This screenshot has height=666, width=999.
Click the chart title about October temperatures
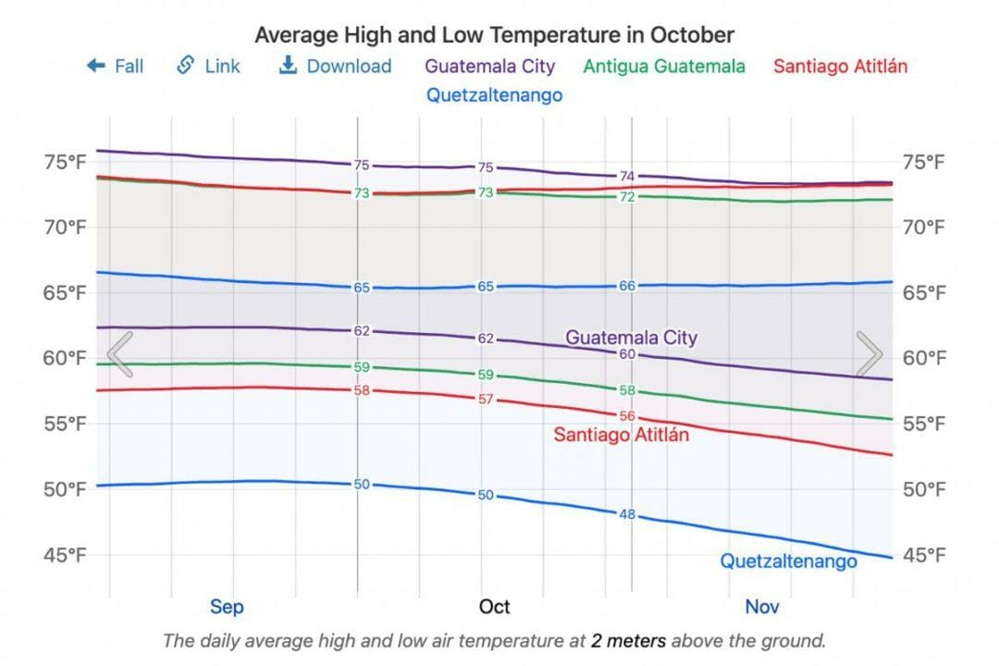click(x=494, y=35)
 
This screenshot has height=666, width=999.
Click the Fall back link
click(x=115, y=66)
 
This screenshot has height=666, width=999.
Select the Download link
click(x=336, y=66)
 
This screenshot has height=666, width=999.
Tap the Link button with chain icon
click(x=208, y=66)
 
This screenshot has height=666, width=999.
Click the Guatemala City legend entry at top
click(x=490, y=66)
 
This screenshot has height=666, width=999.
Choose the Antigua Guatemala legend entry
click(x=664, y=66)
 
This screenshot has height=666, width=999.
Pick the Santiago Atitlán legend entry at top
click(x=840, y=66)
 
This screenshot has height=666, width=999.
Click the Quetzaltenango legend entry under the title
click(x=494, y=94)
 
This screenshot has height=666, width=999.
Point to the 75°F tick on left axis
click(x=66, y=162)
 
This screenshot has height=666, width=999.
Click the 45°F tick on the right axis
click(x=925, y=555)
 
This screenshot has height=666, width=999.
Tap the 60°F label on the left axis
click(x=66, y=358)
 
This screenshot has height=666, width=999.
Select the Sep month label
click(x=227, y=607)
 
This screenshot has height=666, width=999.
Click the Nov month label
click(x=762, y=607)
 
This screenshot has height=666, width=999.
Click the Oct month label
click(x=494, y=607)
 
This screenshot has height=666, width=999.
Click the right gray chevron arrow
click(x=869, y=354)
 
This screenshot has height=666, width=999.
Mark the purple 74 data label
click(x=627, y=176)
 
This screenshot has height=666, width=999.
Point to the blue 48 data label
click(x=627, y=514)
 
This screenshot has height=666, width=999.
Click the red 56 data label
click(x=627, y=416)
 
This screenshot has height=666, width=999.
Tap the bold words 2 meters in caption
click(x=628, y=640)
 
